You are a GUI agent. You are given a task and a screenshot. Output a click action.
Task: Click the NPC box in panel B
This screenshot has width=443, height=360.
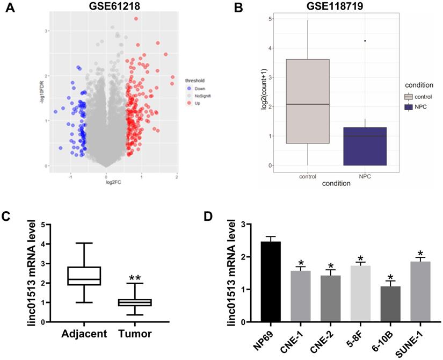point(365,146)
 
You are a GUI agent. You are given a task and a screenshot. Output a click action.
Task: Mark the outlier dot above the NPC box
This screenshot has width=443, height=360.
point(365,41)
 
